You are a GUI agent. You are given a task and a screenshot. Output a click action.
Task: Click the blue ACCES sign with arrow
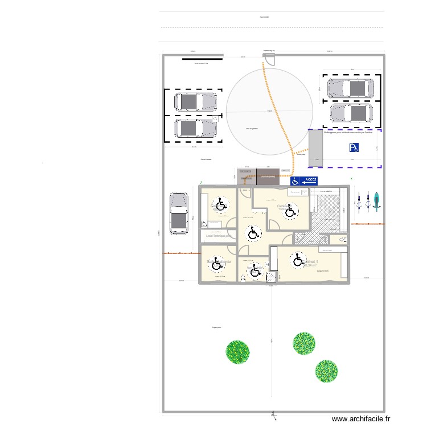(x=305, y=181)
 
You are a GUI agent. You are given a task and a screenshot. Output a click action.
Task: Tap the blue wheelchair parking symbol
(x=354, y=148)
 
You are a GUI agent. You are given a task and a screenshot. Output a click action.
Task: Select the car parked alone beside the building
(x=179, y=213)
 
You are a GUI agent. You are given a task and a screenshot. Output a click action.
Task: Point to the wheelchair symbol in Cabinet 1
(x=298, y=260)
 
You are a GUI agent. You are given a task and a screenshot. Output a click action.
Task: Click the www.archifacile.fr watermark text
(x=362, y=419)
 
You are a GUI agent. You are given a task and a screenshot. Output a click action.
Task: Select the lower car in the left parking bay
(x=196, y=128)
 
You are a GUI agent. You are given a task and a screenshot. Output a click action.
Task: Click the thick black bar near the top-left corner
(x=202, y=58)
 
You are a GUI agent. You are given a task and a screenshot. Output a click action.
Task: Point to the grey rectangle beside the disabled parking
(x=315, y=148)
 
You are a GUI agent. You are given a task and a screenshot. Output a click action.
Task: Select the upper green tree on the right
(x=305, y=343)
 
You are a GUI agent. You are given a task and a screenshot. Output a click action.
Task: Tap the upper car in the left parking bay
(x=196, y=102)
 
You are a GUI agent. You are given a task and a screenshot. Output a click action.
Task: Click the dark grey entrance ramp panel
(x=268, y=177)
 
